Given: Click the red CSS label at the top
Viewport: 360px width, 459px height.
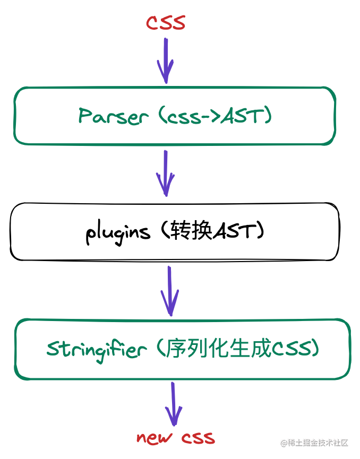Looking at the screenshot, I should tap(166, 23).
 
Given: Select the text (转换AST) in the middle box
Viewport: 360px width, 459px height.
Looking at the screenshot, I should tap(213, 231).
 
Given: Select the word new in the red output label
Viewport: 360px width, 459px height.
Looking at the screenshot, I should tap(155, 438).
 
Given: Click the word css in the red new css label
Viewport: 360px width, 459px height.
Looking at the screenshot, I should tap(198, 438).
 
